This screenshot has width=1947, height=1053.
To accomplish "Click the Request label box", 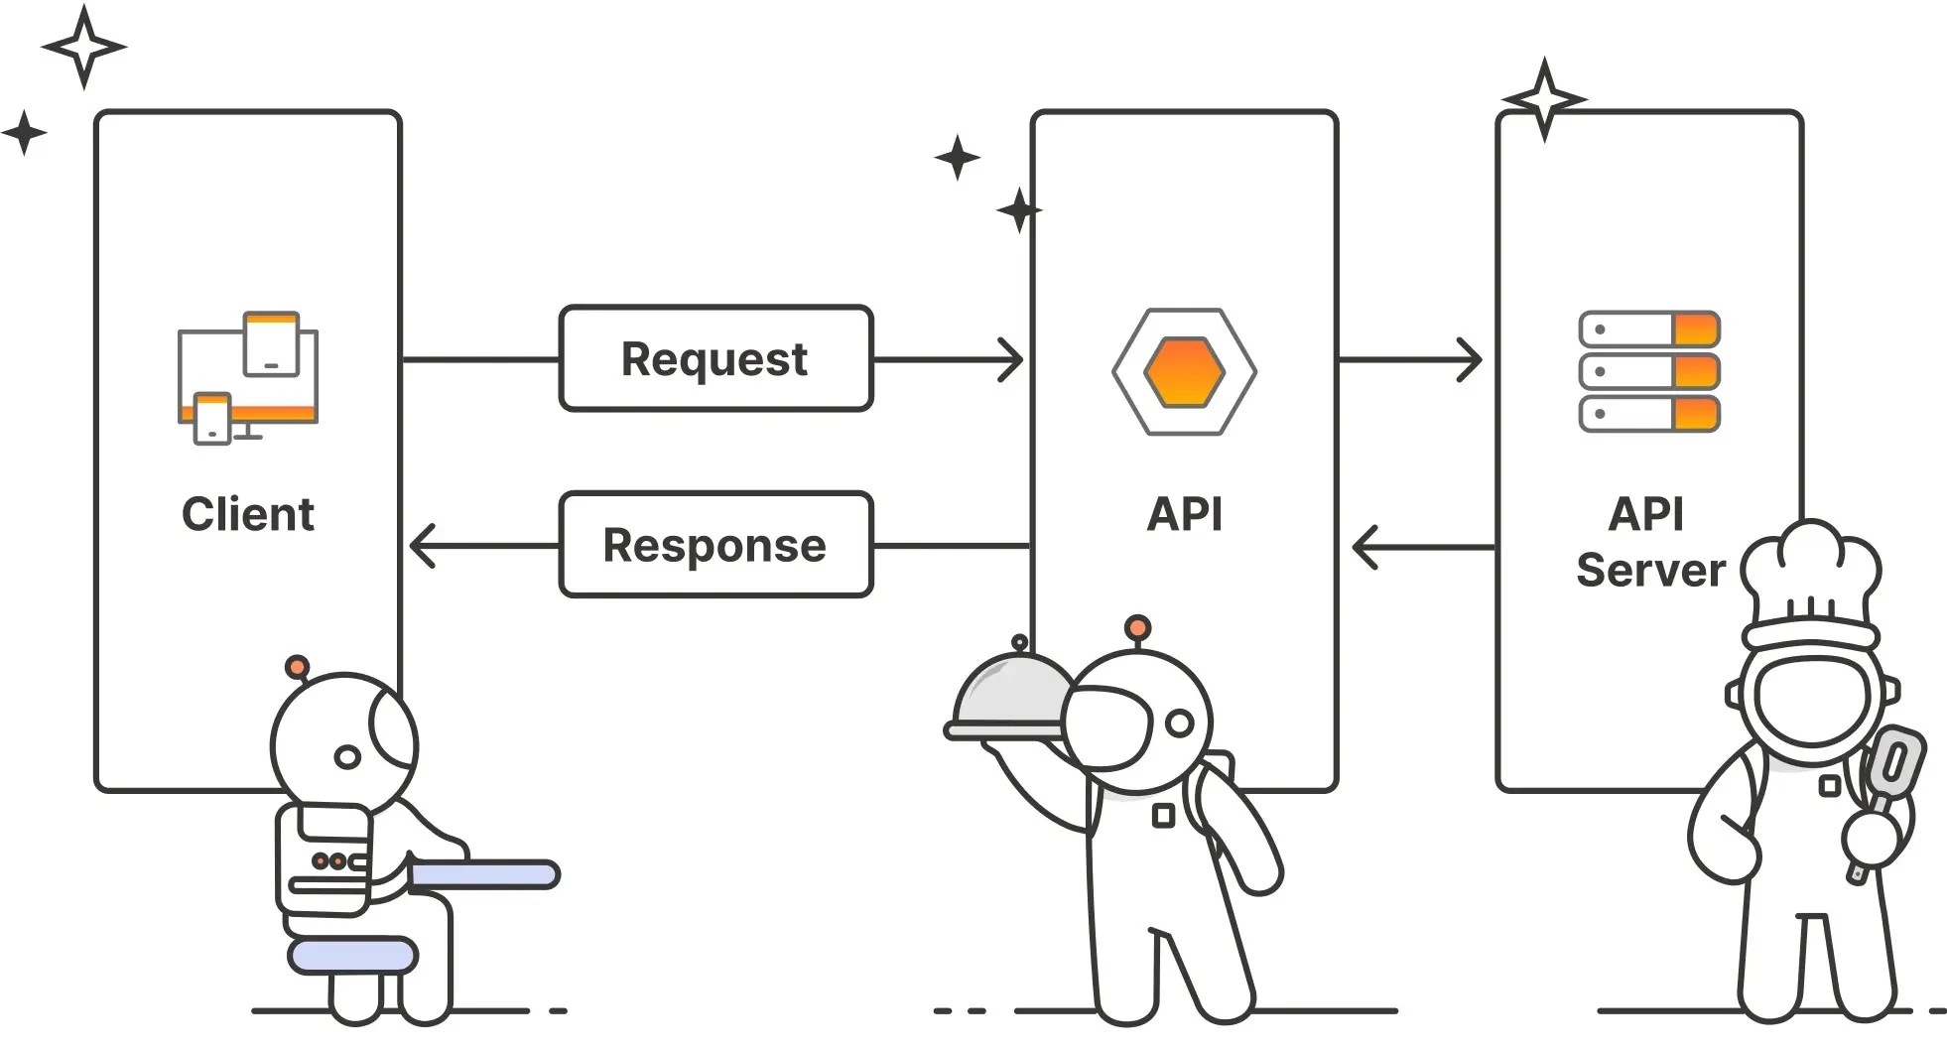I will [714, 358].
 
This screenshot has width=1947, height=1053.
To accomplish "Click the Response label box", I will [714, 545].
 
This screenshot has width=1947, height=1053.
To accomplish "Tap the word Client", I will [247, 514].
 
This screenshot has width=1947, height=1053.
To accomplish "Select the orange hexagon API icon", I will [1184, 371].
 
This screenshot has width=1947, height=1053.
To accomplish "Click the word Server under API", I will [1650, 571].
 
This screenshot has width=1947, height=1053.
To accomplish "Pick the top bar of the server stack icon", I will [1648, 329].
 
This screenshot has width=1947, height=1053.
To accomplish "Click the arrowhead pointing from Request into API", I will [1011, 359].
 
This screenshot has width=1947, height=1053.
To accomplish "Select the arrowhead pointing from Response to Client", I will [423, 546].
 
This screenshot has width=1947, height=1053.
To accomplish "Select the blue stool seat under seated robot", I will [351, 955].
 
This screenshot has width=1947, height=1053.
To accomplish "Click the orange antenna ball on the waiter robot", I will [1138, 627].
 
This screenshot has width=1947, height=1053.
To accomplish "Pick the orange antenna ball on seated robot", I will [296, 666].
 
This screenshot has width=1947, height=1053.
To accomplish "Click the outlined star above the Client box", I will [84, 47].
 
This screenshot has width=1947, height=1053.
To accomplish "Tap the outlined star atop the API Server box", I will [1544, 99].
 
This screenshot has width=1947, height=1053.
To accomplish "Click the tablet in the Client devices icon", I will [271, 343].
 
